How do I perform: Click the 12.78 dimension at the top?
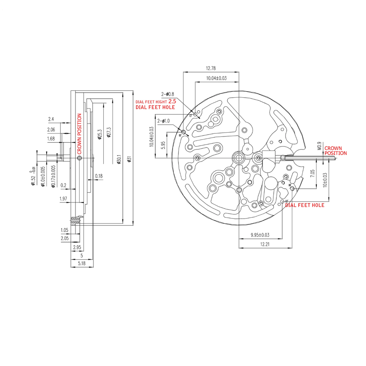click(211, 69)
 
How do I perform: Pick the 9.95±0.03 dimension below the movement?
click(260, 235)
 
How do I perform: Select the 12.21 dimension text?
click(265, 244)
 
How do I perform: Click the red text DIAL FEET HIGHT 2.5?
click(156, 102)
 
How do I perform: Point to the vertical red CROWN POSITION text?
click(80, 133)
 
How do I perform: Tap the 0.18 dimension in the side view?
click(99, 176)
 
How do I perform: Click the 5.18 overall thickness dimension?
click(81, 263)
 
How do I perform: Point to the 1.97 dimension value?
click(64, 199)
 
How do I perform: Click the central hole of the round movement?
click(239, 157)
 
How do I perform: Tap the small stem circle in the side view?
click(79, 158)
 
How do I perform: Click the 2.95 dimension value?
click(77, 247)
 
